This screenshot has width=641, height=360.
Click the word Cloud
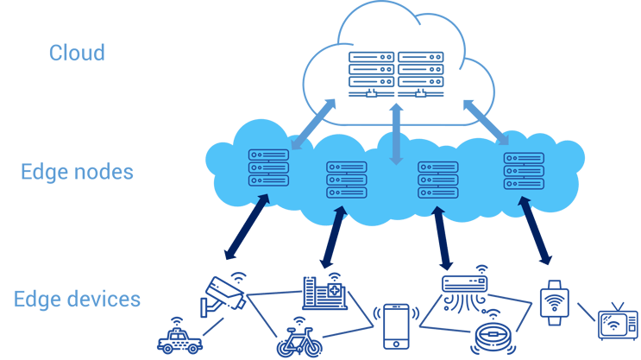pyautogui.click(x=77, y=53)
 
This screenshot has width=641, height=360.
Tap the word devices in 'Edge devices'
pyautogui.click(x=107, y=299)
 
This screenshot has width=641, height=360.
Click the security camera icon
pyautogui.click(x=223, y=295)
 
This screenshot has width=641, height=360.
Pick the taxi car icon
pyautogui.click(x=179, y=338)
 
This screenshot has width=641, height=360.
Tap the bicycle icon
pyautogui.click(x=299, y=338)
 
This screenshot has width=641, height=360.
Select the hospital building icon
pyautogui.click(x=324, y=292)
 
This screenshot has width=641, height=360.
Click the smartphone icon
pyautogui.click(x=396, y=326)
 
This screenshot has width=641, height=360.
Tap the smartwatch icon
pyautogui.click(x=555, y=303)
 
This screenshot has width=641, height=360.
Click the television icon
pyautogui.click(x=618, y=322)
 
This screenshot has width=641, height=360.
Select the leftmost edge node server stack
pyautogui.click(x=268, y=167)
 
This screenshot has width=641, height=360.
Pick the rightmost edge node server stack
pyautogui.click(x=524, y=171)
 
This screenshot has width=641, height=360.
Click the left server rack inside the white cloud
pyautogui.click(x=371, y=74)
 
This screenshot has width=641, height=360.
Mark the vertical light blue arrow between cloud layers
pyautogui.click(x=396, y=134)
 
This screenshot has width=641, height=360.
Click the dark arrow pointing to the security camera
pyautogui.click(x=248, y=227)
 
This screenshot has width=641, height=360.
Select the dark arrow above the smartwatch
pyautogui.click(x=535, y=231)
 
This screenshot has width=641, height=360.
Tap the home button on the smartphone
pyautogui.click(x=396, y=344)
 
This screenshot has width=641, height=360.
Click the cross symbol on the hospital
pyautogui.click(x=335, y=290)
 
